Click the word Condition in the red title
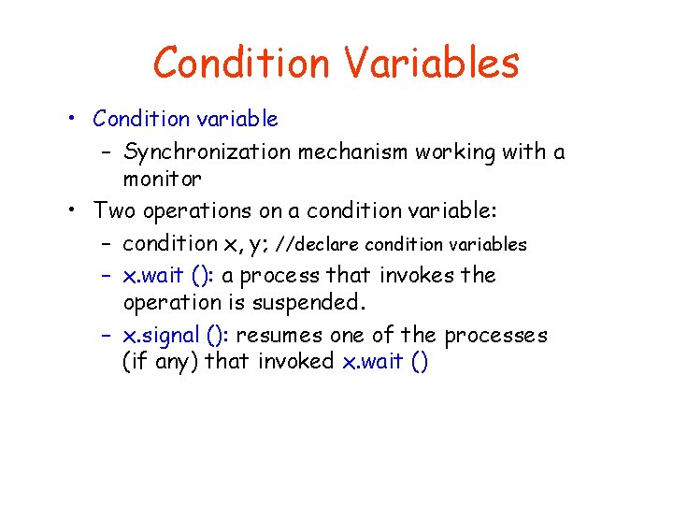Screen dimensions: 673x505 241,63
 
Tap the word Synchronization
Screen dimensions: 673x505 207,152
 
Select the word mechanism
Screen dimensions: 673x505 352,151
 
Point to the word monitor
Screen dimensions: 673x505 162,179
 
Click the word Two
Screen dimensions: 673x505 114,210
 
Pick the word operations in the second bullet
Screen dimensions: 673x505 197,211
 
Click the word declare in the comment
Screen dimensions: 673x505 326,245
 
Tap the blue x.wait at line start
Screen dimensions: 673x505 153,275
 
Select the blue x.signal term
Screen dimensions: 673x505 162,336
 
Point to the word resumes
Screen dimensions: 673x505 279,336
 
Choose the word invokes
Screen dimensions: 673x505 417,275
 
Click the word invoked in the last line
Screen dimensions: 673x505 295,361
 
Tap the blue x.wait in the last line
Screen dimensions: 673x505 373,361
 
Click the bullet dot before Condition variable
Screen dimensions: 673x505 72,118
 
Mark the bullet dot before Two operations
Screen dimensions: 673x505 72,209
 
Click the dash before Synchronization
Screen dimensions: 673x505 106,152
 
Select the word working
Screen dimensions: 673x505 455,152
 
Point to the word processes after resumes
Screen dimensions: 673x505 495,337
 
